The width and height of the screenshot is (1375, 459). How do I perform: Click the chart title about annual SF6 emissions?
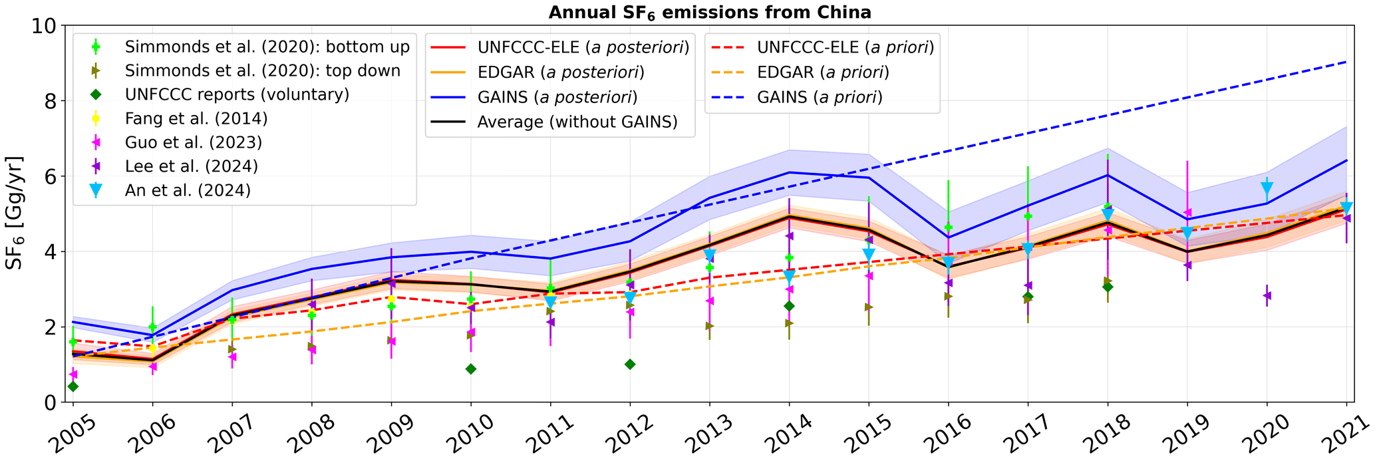pyautogui.click(x=709, y=12)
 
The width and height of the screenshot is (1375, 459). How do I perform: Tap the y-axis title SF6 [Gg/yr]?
pyautogui.click(x=15, y=213)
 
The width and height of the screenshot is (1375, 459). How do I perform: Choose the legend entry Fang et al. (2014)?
pyautogui.click(x=196, y=118)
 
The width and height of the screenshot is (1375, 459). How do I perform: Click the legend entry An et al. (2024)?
pyautogui.click(x=188, y=190)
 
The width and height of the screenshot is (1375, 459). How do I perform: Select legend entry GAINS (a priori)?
pyautogui.click(x=820, y=97)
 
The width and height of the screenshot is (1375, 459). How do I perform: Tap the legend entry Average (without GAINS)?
pyautogui.click(x=577, y=122)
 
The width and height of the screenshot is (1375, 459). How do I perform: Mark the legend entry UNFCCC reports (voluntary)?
pyautogui.click(x=237, y=94)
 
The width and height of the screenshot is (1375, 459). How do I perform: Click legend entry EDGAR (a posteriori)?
pyautogui.click(x=561, y=72)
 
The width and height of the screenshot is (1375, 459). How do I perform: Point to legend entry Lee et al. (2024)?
pyautogui.click(x=192, y=166)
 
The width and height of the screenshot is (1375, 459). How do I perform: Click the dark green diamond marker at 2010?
pyautogui.click(x=471, y=369)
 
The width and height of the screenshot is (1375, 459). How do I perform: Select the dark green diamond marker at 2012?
pyautogui.click(x=630, y=364)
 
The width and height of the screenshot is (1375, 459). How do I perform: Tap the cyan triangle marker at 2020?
pyautogui.click(x=1267, y=188)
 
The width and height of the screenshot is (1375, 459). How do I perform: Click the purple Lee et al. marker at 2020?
pyautogui.click(x=1267, y=295)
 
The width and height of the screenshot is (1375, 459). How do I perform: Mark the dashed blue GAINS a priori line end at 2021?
pyautogui.click(x=1346, y=62)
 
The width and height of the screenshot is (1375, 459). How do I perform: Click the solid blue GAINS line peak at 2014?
pyautogui.click(x=789, y=172)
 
